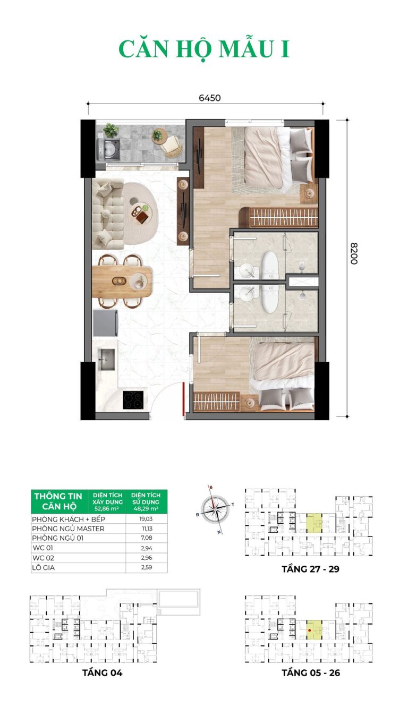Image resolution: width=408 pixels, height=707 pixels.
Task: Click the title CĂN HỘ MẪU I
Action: pos(204,49)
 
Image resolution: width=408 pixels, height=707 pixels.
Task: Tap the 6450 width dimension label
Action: pos(209,98)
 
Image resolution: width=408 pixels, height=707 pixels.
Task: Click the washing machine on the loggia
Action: pos(109,149)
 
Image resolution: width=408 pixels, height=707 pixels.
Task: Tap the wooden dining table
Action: pos(122,281)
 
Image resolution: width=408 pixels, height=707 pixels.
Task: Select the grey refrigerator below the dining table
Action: pos(106,322)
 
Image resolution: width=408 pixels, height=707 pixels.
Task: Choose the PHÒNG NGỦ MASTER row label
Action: pos(68,529)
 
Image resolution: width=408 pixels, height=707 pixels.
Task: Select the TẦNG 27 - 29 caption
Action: pos(310,569)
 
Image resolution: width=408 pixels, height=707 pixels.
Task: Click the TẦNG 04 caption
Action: pos(103,672)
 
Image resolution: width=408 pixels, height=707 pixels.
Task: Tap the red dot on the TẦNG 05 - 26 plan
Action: pos(309,631)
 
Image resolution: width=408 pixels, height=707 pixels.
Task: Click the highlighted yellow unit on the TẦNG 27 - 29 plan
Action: pos(314,523)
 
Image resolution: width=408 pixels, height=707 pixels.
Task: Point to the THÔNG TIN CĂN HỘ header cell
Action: pos(58,501)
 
